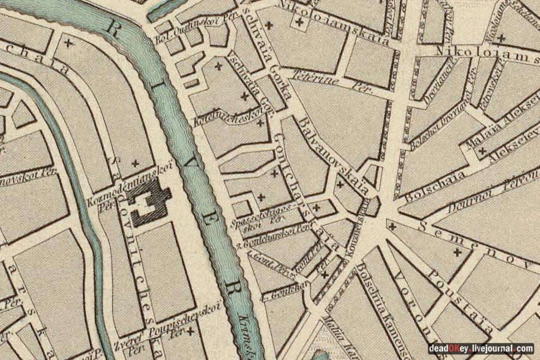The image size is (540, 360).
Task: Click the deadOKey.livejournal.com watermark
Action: point(481,349)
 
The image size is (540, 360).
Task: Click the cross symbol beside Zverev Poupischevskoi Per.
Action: point(191,331)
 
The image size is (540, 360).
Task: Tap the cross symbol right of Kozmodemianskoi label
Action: point(134,163)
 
